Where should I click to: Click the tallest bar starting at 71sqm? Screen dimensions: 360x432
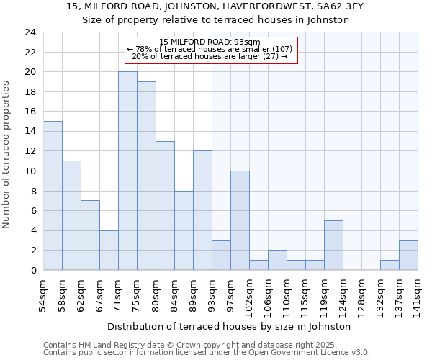(127, 171)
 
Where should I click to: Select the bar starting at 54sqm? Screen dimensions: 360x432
(53, 196)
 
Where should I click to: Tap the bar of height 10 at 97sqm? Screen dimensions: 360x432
(240, 220)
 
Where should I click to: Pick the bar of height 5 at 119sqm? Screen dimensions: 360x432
(333, 245)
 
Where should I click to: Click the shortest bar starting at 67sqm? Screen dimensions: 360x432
(109, 250)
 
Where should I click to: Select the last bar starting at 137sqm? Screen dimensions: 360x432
(408, 255)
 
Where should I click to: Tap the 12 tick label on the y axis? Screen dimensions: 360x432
(30, 151)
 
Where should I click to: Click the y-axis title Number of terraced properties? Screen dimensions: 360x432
(7, 155)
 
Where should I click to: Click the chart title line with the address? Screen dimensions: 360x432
(215, 7)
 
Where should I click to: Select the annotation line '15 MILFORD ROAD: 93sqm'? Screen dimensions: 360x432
(210, 42)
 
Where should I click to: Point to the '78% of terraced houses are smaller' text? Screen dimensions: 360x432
(210, 49)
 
